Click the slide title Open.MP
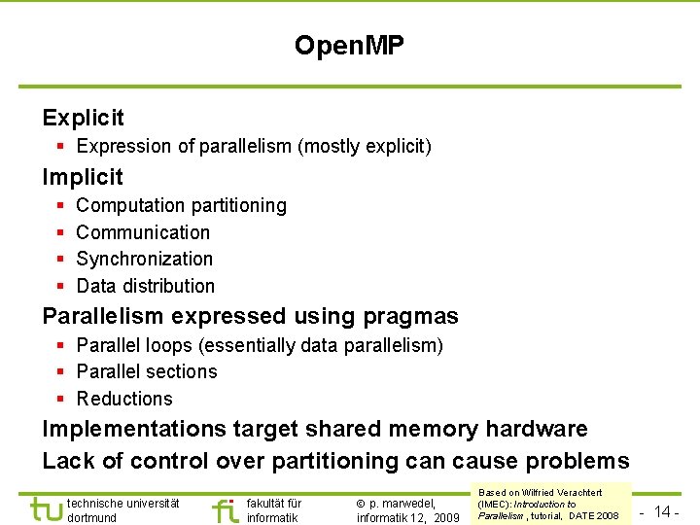pos(349,45)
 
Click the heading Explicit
pos(84,119)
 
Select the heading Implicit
pos(83,177)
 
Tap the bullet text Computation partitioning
pos(181,206)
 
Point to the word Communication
pos(143,232)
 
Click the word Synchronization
pos(144,259)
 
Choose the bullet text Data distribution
pos(145,286)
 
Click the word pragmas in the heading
pos(409,317)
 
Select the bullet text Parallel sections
pos(147,372)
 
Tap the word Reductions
pos(124,399)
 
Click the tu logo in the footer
pos(45,509)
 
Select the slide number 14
pos(664,511)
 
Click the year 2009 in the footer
pos(446,518)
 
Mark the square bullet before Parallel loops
pos(60,346)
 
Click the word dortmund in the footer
pos(91,518)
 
